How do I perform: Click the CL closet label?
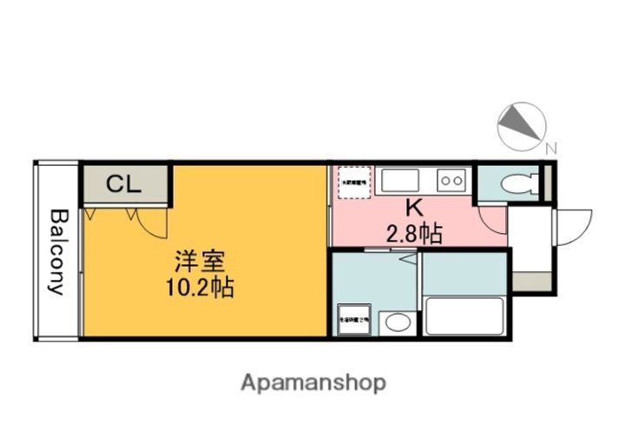coord(124,184)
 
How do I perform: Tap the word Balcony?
coord(57,252)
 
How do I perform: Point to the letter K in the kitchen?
coord(414,209)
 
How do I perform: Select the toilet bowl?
coord(520,184)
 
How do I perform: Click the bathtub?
coord(464,316)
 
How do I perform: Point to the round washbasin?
coord(398,323)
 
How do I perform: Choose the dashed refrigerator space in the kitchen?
coord(356,183)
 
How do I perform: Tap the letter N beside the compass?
coord(551,146)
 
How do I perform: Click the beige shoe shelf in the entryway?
coord(530,282)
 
